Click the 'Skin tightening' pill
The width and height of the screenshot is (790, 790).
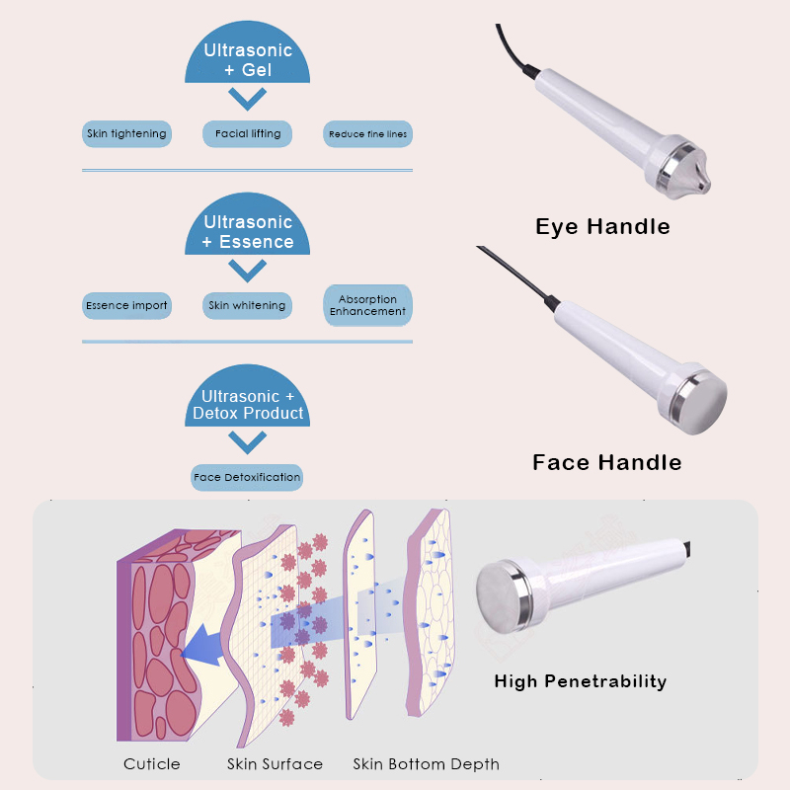(x=126, y=134)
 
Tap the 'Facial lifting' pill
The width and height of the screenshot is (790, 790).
(x=248, y=134)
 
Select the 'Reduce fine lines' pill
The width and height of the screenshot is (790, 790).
(x=367, y=134)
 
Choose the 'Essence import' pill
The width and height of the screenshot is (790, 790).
(x=126, y=306)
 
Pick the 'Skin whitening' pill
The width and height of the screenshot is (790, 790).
(x=248, y=306)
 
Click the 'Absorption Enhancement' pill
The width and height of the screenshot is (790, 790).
(x=367, y=305)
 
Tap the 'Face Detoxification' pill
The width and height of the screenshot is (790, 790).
(x=247, y=478)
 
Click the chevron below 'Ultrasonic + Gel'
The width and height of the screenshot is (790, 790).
(x=248, y=99)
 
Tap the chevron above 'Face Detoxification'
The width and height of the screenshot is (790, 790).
(x=248, y=442)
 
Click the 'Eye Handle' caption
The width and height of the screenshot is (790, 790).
(x=602, y=227)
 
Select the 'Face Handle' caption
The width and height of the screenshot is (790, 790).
(x=607, y=462)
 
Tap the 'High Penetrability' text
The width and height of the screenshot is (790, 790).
(x=581, y=681)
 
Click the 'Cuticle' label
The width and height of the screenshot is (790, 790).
(x=152, y=764)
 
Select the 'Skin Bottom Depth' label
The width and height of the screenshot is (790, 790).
(x=427, y=764)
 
